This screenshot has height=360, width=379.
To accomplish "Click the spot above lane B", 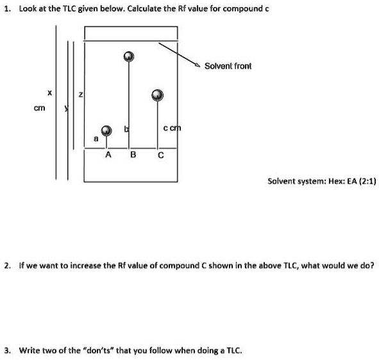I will pyautogui.click(x=129, y=57).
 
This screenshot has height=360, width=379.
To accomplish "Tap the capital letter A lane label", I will pyautogui.click(x=108, y=155).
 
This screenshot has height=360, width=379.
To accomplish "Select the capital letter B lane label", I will pyautogui.click(x=133, y=155).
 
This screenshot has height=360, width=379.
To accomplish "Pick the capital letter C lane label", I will pyautogui.click(x=160, y=155).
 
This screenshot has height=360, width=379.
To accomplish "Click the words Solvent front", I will pyautogui.click(x=228, y=66).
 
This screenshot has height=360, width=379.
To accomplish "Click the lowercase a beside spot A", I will pyautogui.click(x=96, y=137).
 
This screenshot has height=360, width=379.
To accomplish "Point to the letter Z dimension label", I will pyautogui.click(x=80, y=96).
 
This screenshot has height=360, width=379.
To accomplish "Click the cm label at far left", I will pyautogui.click(x=40, y=108).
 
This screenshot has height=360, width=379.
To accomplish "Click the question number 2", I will pyautogui.click(x=7, y=264).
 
